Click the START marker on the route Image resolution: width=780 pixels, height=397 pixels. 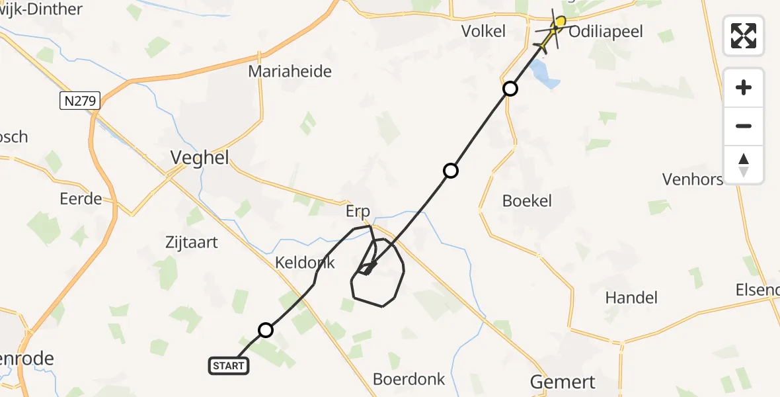coord(229,365)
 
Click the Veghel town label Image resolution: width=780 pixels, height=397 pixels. coord(200,157)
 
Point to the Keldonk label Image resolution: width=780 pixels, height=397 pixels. coord(305,263)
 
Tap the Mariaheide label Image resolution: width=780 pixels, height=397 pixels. coord(290,71)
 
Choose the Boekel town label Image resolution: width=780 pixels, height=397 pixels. coord(527,201)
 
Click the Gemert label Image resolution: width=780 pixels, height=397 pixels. coord(563,382)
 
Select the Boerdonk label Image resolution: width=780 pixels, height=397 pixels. coord(409,379)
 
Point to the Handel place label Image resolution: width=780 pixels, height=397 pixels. coord(631,298)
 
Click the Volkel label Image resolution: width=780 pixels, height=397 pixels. coord(483,31)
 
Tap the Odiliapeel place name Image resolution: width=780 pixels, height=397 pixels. coord(605,32)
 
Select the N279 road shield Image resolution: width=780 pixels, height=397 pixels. coord(79,101)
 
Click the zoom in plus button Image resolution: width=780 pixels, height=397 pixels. coord(744,87)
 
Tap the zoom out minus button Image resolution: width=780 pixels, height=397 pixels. coord(744,126)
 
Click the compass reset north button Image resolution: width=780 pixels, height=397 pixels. coord(744,165)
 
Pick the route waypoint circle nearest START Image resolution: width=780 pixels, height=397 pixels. coord(265,330)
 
